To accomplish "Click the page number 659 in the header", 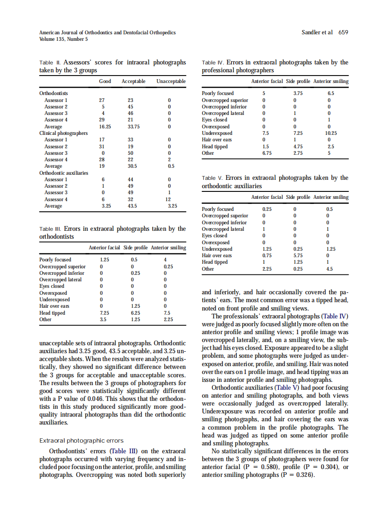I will pyautogui.click(x=343, y=32).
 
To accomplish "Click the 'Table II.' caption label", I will pyautogui.click(x=50, y=63).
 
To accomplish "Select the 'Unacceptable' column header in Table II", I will pyautogui.click(x=171, y=82).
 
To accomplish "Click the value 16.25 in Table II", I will pyautogui.click(x=105, y=127).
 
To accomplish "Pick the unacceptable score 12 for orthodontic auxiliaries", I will pyautogui.click(x=169, y=199).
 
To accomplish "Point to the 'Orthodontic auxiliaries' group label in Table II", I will pyautogui.click(x=64, y=173).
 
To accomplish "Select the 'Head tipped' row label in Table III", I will pyautogui.click(x=52, y=313).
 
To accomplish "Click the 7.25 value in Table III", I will pyautogui.click(x=105, y=313).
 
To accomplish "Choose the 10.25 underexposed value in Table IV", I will pyautogui.click(x=330, y=133).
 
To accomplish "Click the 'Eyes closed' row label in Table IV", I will pyautogui.click(x=214, y=120).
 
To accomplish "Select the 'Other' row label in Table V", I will pyautogui.click(x=208, y=269).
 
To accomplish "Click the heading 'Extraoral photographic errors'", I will pyautogui.click(x=81, y=441).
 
